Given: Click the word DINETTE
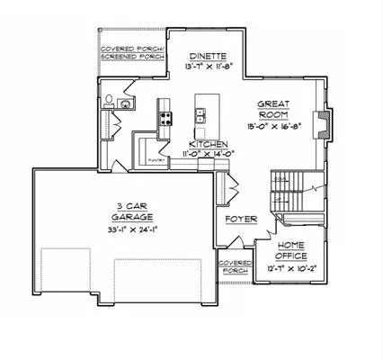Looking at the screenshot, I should [x=208, y=55].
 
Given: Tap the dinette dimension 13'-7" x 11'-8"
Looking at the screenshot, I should [x=208, y=66].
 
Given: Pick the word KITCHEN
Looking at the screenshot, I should [x=209, y=144].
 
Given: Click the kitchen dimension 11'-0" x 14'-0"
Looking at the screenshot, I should [x=209, y=154].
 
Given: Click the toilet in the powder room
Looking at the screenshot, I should [x=107, y=100].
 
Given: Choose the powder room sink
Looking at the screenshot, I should [x=126, y=104].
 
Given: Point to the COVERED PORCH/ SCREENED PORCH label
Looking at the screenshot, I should [x=131, y=53].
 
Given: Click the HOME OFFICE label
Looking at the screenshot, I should [x=290, y=250].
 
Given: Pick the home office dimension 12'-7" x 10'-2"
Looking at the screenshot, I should [x=290, y=268].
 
